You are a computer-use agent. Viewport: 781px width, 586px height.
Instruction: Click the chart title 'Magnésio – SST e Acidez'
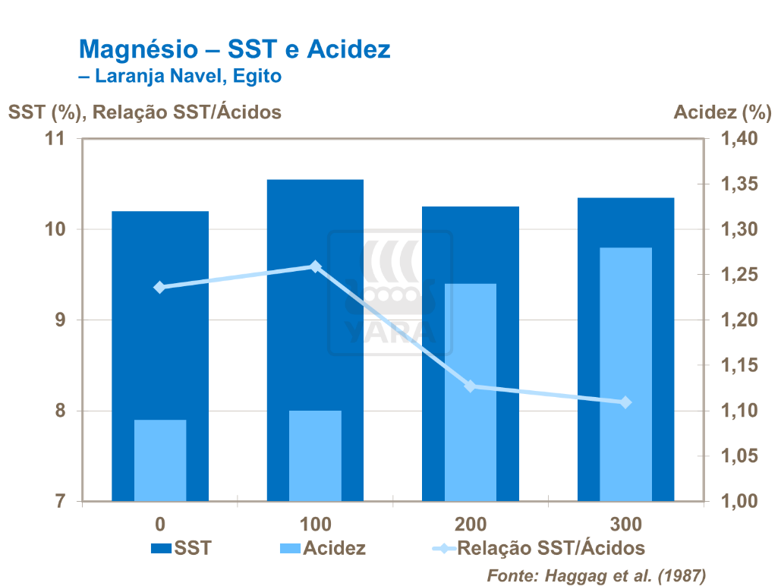[235, 50]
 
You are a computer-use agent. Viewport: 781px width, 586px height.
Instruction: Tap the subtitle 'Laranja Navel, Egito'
[185, 76]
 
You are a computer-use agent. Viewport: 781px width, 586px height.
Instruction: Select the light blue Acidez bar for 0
[160, 460]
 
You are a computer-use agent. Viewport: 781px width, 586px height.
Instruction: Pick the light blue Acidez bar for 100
[315, 455]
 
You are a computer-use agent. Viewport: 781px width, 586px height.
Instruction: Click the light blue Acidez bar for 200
[470, 392]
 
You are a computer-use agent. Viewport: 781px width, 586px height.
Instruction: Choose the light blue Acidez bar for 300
[625, 374]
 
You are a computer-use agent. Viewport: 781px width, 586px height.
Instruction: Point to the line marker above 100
[316, 266]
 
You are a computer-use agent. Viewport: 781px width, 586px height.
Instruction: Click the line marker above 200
[470, 386]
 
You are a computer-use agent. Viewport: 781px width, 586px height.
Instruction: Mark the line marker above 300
[625, 402]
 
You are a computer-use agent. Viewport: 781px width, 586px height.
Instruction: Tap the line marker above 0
[160, 287]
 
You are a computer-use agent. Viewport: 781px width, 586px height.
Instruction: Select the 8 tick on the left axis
[61, 411]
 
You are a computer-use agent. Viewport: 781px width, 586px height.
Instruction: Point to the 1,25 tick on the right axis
[732, 275]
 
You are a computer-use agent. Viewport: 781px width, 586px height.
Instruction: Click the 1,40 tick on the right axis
[732, 139]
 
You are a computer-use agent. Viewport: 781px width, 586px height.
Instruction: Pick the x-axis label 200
[471, 525]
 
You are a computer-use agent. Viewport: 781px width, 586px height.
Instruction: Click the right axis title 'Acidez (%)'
[722, 112]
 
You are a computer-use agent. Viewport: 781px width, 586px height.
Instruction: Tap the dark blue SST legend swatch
[162, 548]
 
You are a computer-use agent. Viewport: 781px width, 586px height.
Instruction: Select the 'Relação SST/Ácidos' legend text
[551, 548]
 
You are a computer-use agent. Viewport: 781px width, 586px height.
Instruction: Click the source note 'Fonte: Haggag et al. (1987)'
[596, 573]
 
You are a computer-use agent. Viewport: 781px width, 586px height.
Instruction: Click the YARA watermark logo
[390, 293]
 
